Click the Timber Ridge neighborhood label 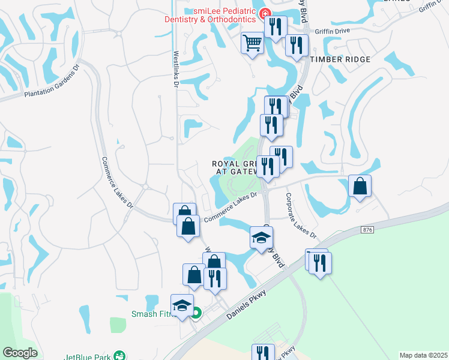click(340, 59)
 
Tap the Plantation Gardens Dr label click(52, 85)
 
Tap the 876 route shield click(367, 230)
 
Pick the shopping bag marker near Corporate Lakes click(360, 186)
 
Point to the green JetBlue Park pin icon click(120, 355)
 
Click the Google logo click(20, 352)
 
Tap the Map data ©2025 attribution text click(423, 355)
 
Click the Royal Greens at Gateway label click(235, 167)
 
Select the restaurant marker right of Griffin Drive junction click(297, 45)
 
